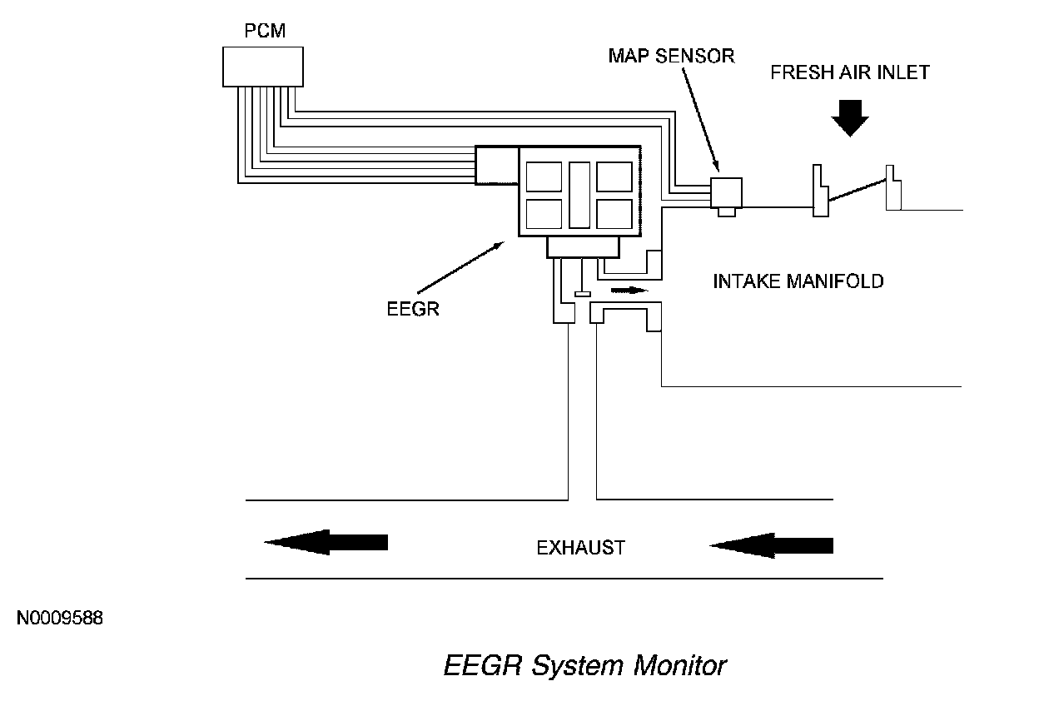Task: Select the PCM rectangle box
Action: tap(263, 67)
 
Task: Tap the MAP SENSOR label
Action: tap(671, 57)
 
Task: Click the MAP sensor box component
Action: tap(726, 192)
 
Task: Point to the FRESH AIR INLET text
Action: tap(849, 72)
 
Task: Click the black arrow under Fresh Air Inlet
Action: tap(849, 117)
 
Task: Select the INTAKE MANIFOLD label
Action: tap(798, 281)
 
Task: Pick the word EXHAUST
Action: tap(580, 548)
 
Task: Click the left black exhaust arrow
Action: tap(326, 542)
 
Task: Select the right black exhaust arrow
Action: tap(771, 544)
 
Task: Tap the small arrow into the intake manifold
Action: tap(628, 291)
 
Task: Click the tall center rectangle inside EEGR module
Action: tap(579, 195)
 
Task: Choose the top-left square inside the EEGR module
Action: tap(544, 176)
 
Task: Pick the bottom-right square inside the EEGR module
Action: tap(614, 213)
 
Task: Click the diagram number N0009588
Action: tap(58, 619)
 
